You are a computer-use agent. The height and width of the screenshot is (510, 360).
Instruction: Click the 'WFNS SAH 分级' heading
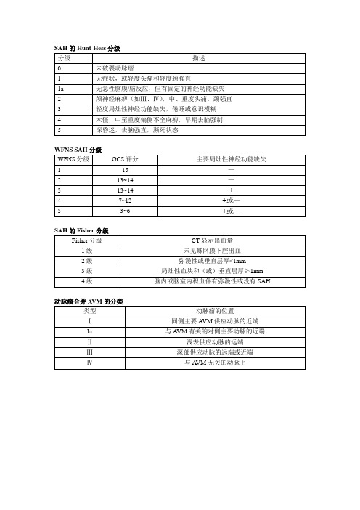pos(77,150)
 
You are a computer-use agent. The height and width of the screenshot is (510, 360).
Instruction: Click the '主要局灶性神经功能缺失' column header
pos(231,158)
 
